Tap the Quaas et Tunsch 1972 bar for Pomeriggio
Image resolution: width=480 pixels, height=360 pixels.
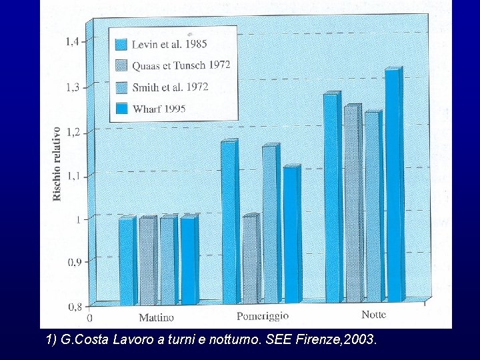click(x=249, y=260)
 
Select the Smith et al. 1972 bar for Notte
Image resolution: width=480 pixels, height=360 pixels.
click(x=372, y=207)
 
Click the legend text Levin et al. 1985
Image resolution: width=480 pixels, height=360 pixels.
click(x=169, y=45)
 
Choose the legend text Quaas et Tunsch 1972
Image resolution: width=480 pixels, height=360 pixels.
click(x=181, y=65)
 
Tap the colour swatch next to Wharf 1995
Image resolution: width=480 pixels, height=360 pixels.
click(x=121, y=109)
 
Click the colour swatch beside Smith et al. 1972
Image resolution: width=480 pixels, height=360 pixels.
click(x=121, y=87)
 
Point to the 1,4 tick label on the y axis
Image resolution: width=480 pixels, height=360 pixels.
click(x=71, y=41)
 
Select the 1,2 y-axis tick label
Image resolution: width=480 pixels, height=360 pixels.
click(x=71, y=131)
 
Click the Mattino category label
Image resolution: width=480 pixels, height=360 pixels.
click(x=156, y=318)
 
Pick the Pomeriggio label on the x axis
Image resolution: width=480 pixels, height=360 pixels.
click(x=263, y=316)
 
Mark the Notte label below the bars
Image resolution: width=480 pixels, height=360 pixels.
click(x=373, y=315)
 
